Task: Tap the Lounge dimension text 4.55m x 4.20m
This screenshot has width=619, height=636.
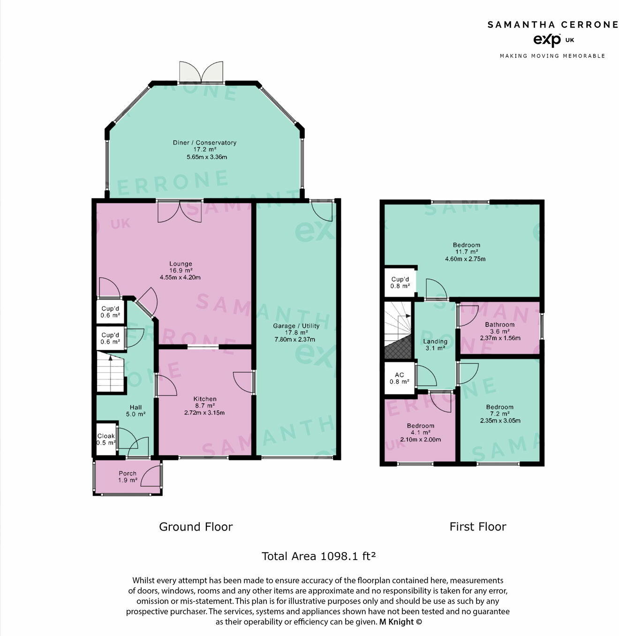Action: (180, 277)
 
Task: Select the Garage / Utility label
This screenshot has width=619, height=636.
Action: (296, 326)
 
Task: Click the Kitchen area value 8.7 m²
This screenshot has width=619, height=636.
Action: (205, 406)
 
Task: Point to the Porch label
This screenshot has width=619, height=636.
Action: (127, 473)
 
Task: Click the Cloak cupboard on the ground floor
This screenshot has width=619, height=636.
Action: (106, 439)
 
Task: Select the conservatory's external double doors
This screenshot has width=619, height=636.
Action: (201, 72)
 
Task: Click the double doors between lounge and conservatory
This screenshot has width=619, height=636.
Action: (180, 210)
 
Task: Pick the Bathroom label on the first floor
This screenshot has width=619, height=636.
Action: (499, 324)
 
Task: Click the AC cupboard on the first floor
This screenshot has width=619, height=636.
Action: (399, 378)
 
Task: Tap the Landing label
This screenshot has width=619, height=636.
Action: (435, 341)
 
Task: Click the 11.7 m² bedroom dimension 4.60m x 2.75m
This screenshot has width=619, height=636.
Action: (465, 259)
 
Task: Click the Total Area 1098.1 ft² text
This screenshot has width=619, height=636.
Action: (318, 556)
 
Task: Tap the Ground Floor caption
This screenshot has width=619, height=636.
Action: (196, 527)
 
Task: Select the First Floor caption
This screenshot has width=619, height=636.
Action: (477, 527)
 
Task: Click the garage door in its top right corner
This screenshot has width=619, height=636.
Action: (323, 210)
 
